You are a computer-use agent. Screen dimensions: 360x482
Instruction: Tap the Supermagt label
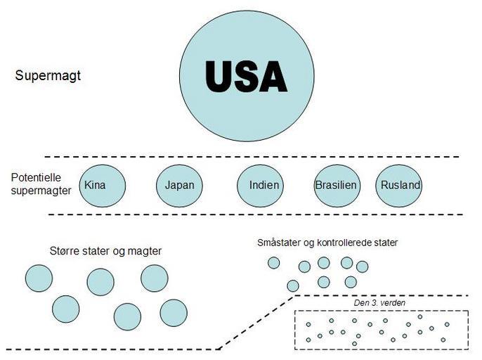click(x=48, y=75)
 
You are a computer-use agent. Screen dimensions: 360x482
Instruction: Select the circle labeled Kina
click(x=103, y=185)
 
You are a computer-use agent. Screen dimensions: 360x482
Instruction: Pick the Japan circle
click(x=179, y=186)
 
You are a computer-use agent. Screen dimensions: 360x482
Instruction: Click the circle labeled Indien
click(x=263, y=186)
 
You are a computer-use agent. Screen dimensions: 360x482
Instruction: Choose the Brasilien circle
click(x=337, y=186)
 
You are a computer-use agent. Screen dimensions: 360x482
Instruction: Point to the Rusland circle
click(x=399, y=186)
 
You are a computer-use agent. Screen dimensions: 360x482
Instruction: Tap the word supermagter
click(x=41, y=190)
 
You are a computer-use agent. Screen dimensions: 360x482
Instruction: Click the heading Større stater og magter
click(x=106, y=251)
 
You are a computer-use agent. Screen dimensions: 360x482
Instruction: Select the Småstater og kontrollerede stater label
click(x=327, y=243)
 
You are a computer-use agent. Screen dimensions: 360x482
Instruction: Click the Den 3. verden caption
click(x=379, y=303)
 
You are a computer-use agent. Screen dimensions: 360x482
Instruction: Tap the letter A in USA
click(x=272, y=76)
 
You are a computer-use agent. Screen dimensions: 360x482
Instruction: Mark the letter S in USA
click(x=247, y=76)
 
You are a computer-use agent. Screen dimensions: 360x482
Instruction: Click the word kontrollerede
click(x=342, y=243)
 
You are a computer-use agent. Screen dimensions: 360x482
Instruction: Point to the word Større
click(x=65, y=251)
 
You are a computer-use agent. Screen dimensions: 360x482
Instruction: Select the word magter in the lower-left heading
click(x=146, y=251)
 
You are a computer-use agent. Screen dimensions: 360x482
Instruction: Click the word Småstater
click(x=279, y=243)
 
